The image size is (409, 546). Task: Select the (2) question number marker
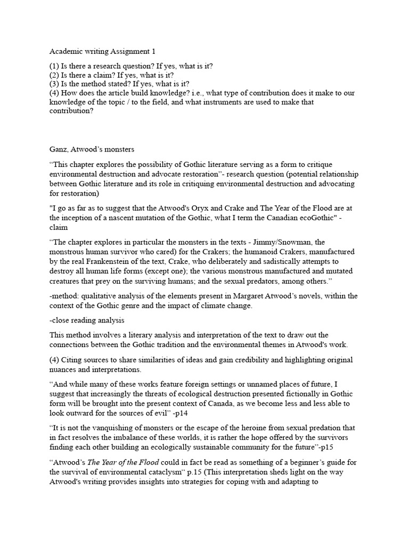click(x=55, y=75)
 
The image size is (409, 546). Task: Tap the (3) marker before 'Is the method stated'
click(x=55, y=84)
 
